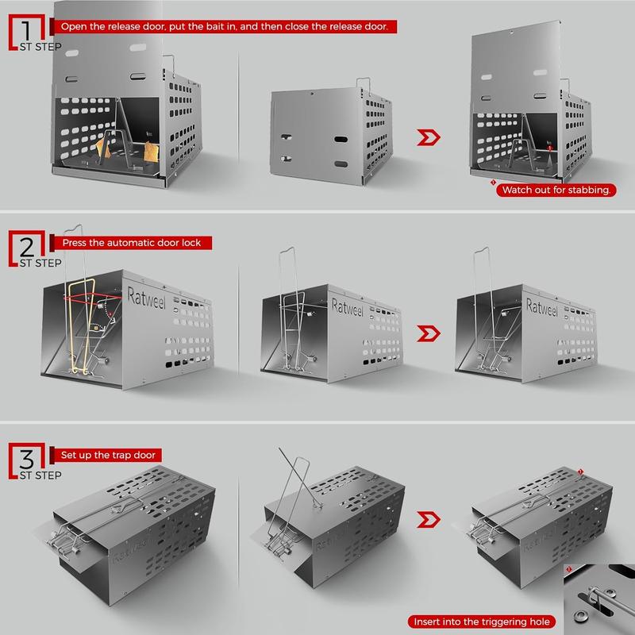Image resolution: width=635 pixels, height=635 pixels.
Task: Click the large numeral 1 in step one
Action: coord(26,31)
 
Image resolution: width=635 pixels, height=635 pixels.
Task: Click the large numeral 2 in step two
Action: coord(27,247)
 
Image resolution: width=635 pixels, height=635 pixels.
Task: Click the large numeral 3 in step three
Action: coord(27,460)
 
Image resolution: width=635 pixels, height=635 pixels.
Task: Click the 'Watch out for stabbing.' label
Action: coord(556,190)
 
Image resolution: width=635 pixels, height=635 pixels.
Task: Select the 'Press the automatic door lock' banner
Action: coord(131,243)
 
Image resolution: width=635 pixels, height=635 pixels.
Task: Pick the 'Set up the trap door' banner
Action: coord(106,455)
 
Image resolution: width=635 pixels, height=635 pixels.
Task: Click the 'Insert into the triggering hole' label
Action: coord(482,622)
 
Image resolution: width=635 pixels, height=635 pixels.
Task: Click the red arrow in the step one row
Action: coord(429,137)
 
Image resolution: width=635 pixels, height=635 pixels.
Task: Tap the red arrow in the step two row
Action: coord(429,333)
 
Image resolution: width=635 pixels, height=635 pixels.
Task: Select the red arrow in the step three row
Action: coord(429,520)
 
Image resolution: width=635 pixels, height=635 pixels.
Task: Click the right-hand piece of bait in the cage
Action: coord(152,152)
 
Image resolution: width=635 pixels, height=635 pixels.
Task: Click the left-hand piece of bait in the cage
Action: coord(103,148)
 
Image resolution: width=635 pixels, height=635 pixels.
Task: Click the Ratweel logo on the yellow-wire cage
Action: coord(147,298)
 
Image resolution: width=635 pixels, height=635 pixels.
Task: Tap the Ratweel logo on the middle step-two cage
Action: coord(348,307)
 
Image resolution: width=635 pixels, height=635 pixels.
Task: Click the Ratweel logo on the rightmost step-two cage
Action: coord(542,307)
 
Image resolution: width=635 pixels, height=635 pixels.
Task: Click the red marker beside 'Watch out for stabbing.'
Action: coord(493,183)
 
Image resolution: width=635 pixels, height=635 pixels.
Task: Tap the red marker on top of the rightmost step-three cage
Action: coord(580,471)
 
